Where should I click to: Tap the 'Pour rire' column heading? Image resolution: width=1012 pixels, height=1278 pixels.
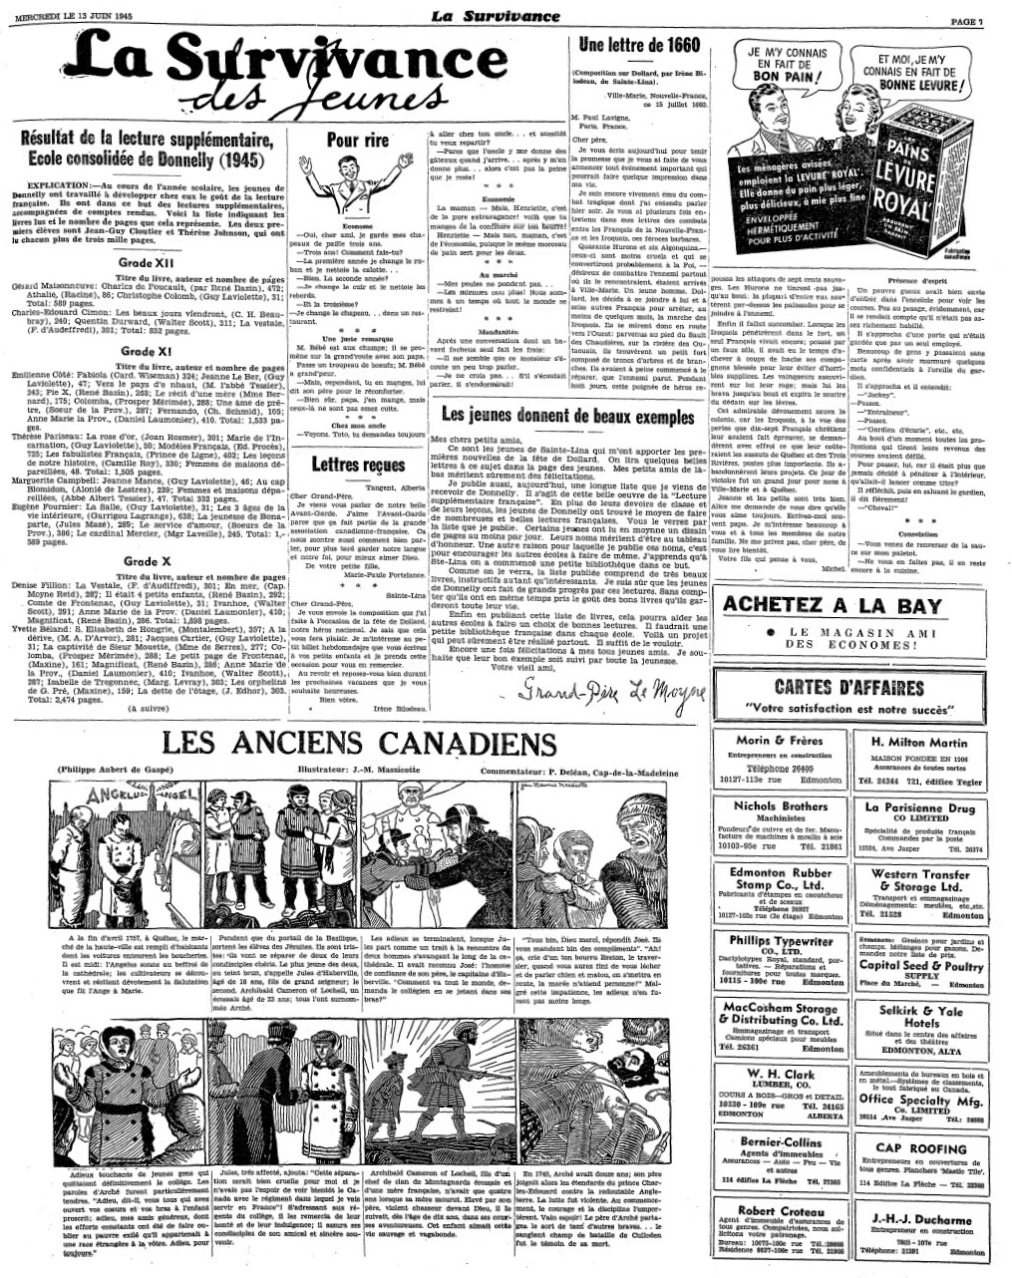click(357, 142)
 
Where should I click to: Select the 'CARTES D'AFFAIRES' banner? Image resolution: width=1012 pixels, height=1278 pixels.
click(848, 687)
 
